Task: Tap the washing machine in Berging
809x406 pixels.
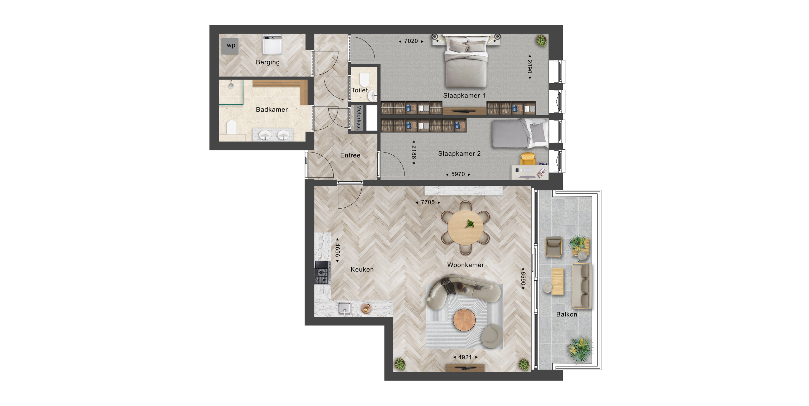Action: tap(272, 45)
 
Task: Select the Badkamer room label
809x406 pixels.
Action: tap(272, 109)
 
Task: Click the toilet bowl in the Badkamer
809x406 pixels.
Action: tap(232, 127)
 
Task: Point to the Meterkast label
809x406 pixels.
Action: tap(359, 117)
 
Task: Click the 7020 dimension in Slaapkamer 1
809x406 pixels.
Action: tap(411, 41)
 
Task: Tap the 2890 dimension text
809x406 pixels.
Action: tap(530, 67)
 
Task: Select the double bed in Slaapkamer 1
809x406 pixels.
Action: tap(466, 61)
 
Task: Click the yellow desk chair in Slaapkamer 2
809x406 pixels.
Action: tap(528, 159)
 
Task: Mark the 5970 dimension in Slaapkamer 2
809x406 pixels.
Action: tap(458, 174)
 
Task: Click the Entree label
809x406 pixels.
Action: tap(350, 155)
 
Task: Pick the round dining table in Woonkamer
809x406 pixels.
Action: tap(465, 228)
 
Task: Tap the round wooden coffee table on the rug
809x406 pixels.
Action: tap(464, 320)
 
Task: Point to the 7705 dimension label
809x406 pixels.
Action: tap(428, 202)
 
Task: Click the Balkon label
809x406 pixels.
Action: tap(567, 314)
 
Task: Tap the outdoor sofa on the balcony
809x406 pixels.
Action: tap(581, 286)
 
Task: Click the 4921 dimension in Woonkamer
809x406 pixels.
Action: tap(465, 357)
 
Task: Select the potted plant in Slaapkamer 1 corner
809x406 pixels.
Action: tap(541, 41)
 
